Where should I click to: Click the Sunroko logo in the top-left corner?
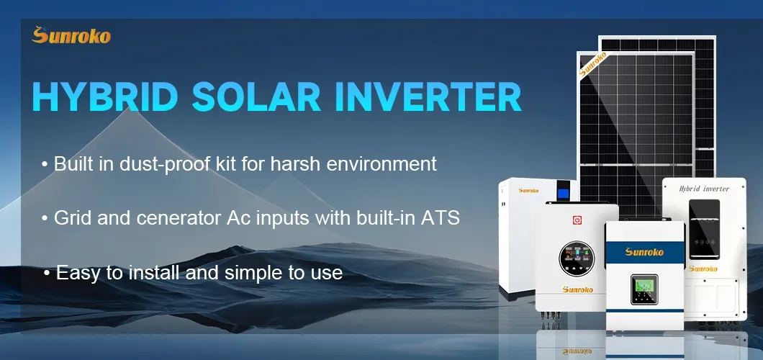click(71, 36)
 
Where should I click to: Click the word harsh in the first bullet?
click(298, 164)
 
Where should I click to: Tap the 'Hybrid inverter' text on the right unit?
click(704, 189)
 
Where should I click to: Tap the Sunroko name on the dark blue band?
click(644, 251)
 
